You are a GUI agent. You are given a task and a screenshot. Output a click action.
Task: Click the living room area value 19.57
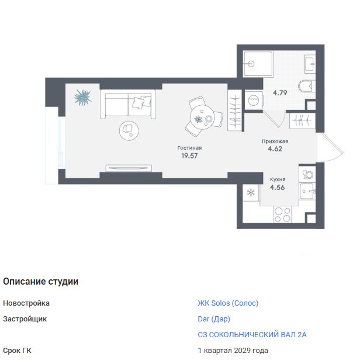189,155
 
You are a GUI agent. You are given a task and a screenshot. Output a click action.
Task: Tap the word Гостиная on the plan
189,148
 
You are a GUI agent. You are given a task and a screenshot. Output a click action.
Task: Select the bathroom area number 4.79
280,93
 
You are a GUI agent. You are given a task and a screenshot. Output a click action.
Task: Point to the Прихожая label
275,141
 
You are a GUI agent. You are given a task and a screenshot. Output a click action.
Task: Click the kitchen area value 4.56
278,188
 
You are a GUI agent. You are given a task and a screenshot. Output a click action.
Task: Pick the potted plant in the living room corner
82,98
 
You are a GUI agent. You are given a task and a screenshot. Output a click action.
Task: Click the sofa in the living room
128,104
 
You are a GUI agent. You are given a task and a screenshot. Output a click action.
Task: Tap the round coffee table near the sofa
129,131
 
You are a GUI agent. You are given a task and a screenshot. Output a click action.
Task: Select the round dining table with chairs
203,117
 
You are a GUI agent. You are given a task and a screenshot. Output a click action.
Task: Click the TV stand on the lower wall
129,168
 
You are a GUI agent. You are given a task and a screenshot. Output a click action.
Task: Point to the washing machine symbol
254,101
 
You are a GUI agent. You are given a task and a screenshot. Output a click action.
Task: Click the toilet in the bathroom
307,86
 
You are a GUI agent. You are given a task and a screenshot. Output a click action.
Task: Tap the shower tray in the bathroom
258,64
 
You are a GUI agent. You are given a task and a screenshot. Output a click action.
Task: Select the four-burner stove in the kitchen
282,214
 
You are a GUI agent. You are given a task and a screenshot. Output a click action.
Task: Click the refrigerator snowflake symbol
251,192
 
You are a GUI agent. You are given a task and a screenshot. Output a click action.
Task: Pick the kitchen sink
307,191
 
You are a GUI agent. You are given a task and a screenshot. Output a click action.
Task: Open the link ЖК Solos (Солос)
228,303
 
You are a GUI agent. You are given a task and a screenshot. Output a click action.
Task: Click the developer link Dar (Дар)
214,319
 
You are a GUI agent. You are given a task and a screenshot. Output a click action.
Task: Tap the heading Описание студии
41,282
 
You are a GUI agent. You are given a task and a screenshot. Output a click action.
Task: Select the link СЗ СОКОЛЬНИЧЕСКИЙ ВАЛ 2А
252,335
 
